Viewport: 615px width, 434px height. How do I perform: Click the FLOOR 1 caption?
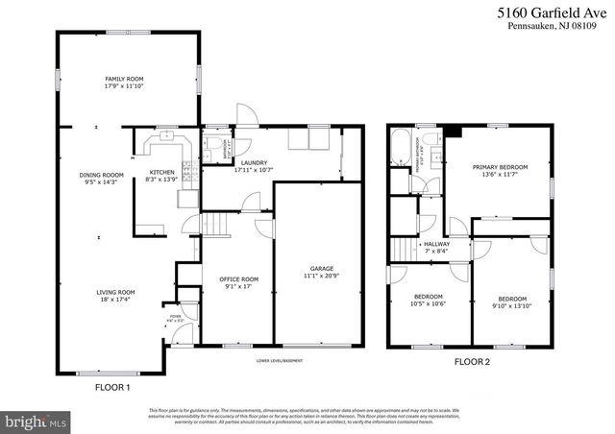[111, 388]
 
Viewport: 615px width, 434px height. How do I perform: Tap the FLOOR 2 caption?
[471, 364]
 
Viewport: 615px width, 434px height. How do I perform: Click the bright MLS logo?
[37, 421]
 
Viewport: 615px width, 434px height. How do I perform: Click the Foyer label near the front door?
[175, 317]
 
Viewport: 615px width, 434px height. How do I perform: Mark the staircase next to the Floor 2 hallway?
[404, 251]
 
